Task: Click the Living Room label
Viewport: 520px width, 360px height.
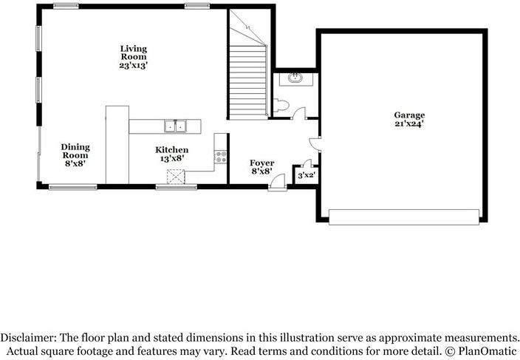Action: (134, 56)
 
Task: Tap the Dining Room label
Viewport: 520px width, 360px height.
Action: (75, 154)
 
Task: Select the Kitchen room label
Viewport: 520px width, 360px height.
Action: (166, 153)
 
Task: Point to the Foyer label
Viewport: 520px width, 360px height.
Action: (261, 166)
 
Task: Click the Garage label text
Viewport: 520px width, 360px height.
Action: (408, 115)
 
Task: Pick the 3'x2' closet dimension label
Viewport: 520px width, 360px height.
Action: (306, 176)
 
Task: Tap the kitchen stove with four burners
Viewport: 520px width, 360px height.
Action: (220, 157)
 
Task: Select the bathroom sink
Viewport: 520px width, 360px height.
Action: (295, 78)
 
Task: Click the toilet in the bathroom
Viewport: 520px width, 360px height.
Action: (279, 106)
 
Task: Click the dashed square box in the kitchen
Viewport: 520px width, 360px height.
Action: (176, 176)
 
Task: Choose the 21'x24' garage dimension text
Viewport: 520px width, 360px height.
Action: (408, 124)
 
